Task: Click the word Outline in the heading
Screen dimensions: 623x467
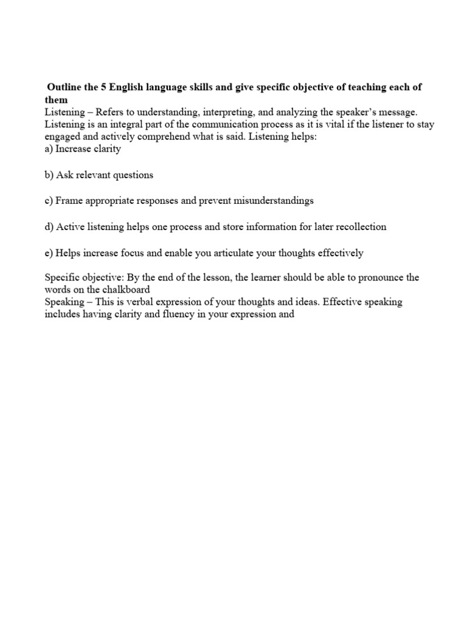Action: pos(65,88)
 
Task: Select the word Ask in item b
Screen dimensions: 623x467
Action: pos(66,175)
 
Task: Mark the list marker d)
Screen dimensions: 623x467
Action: pos(49,226)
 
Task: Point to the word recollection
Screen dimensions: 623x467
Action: pos(359,226)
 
